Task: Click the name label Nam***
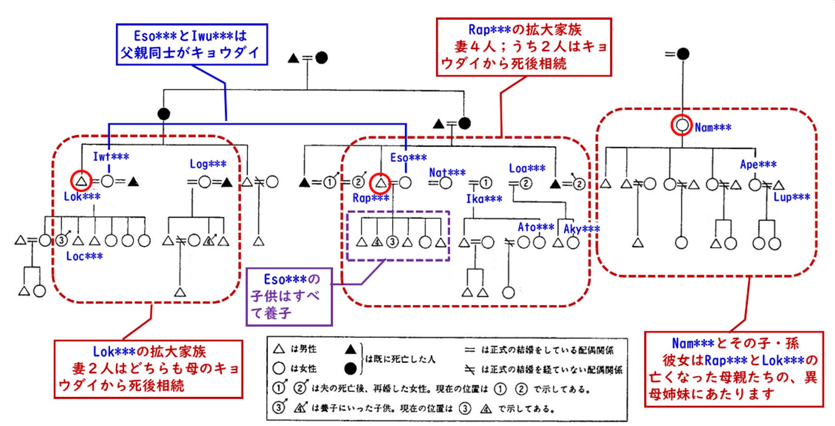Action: (x=713, y=127)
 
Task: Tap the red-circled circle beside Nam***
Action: (x=682, y=125)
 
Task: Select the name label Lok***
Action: (x=82, y=196)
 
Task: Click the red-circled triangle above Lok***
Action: (x=81, y=181)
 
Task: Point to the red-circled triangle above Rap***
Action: (x=380, y=183)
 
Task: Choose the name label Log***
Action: (x=208, y=164)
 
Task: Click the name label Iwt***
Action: (x=111, y=156)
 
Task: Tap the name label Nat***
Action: (x=447, y=172)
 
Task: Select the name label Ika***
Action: (x=484, y=199)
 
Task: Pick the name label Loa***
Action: (x=527, y=168)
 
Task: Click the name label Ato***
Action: (x=536, y=227)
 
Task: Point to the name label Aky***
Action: (x=582, y=229)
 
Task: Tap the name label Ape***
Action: (x=758, y=164)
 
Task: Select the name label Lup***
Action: (x=792, y=197)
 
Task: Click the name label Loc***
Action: (x=84, y=256)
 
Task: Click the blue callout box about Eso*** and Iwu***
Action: (x=192, y=45)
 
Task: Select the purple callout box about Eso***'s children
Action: (x=289, y=297)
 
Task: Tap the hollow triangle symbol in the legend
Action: (x=279, y=349)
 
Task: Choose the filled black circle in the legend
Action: (x=350, y=368)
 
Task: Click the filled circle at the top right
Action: (x=683, y=54)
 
